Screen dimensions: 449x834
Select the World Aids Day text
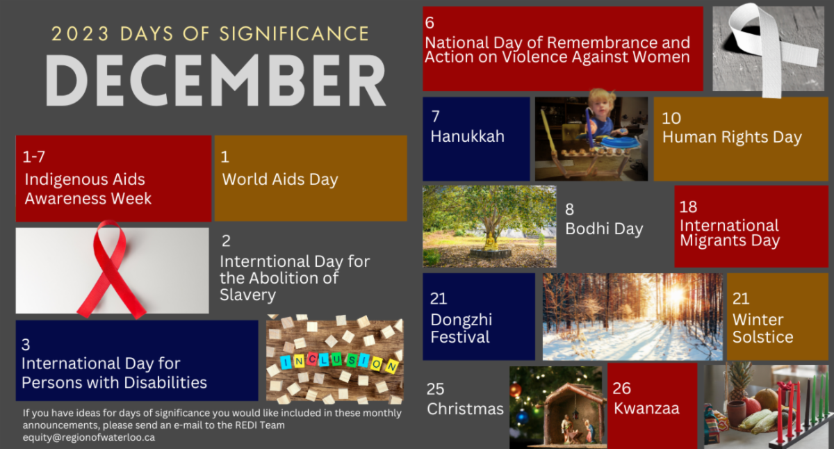(x=280, y=179)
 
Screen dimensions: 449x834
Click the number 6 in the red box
(x=430, y=23)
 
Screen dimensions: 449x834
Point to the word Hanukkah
(x=467, y=136)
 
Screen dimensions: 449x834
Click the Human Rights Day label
(x=732, y=137)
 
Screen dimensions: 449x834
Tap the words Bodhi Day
(x=604, y=229)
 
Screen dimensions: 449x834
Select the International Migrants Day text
(x=729, y=234)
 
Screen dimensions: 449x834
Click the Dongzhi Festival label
(x=461, y=328)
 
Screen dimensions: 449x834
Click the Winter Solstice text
(x=762, y=328)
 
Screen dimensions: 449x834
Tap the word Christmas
(x=465, y=409)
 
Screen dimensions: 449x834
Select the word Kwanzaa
(x=646, y=408)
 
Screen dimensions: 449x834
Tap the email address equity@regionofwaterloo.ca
(x=89, y=437)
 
